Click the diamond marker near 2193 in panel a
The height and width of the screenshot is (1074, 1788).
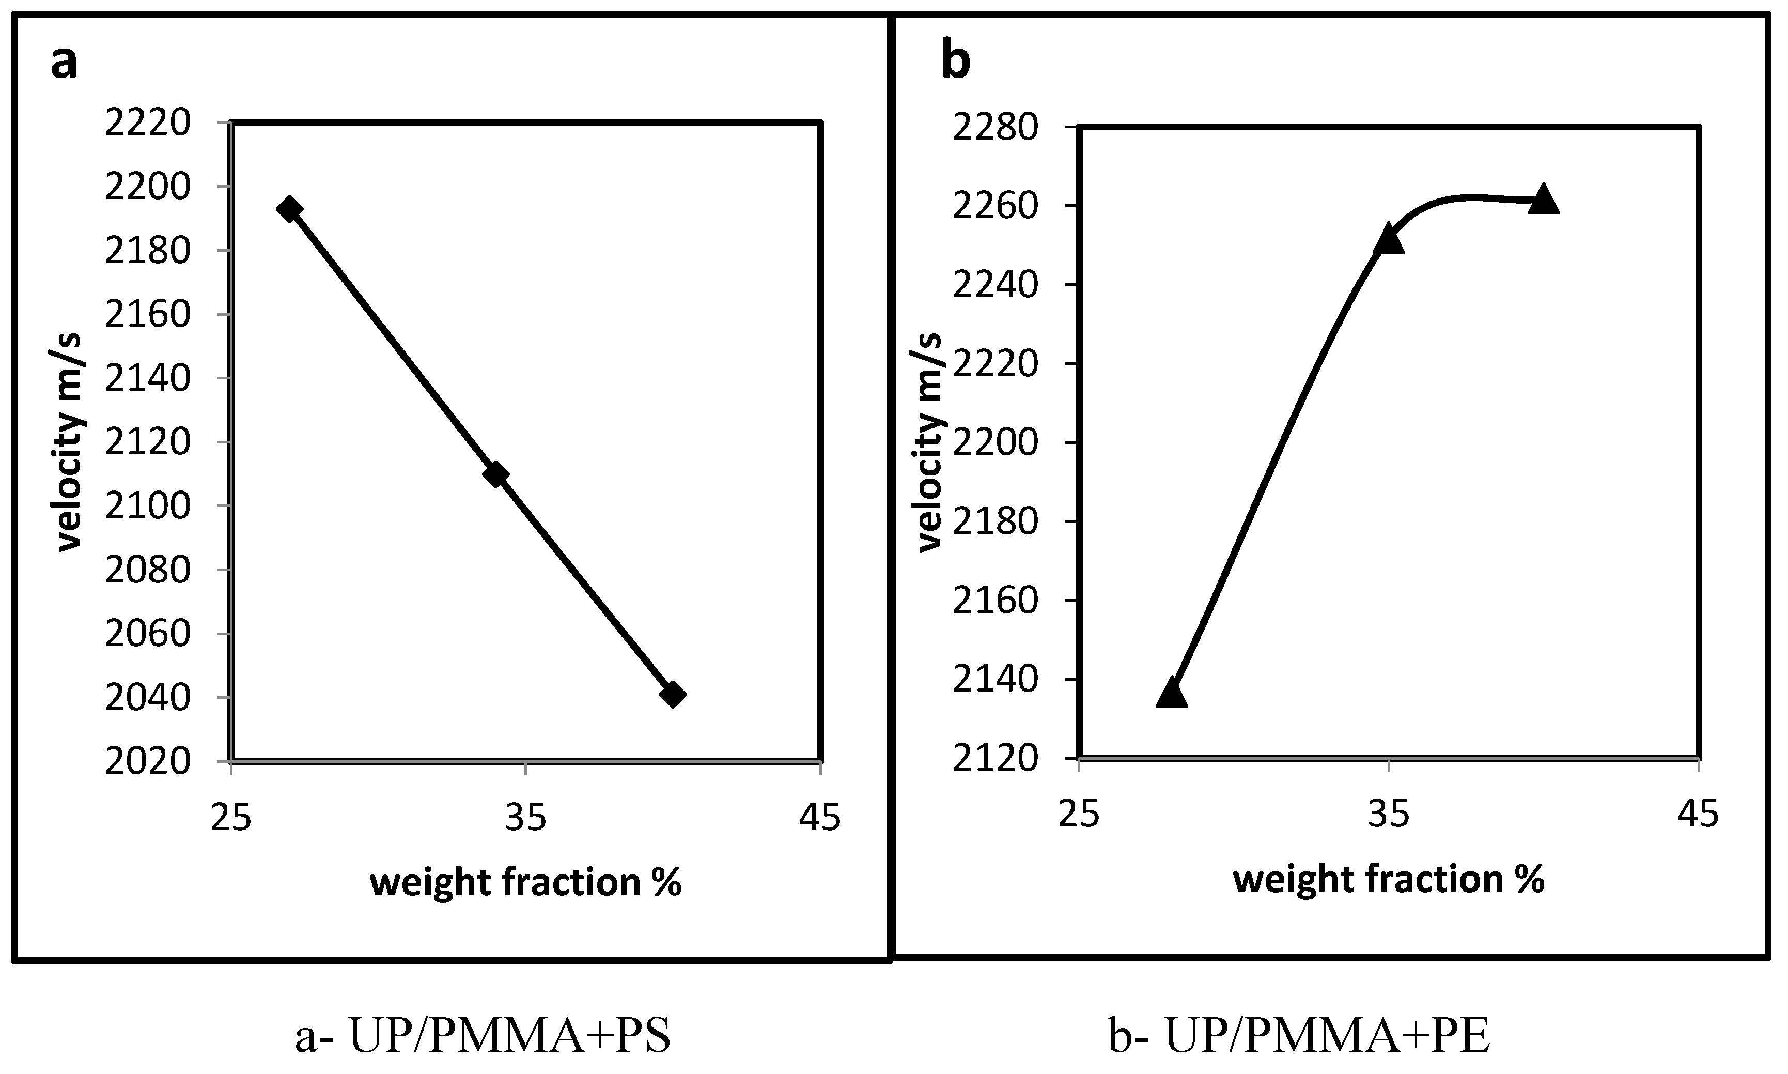[x=289, y=209]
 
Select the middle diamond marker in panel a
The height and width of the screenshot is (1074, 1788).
[x=495, y=475]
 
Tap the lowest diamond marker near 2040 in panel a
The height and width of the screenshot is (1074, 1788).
[x=673, y=695]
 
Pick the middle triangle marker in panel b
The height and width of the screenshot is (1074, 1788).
[x=1388, y=239]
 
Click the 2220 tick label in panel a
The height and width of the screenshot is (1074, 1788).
[x=148, y=123]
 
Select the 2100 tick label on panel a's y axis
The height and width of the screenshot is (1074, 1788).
[x=148, y=506]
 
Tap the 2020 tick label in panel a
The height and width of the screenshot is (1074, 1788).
[x=148, y=761]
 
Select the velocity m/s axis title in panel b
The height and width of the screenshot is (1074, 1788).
[x=931, y=442]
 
